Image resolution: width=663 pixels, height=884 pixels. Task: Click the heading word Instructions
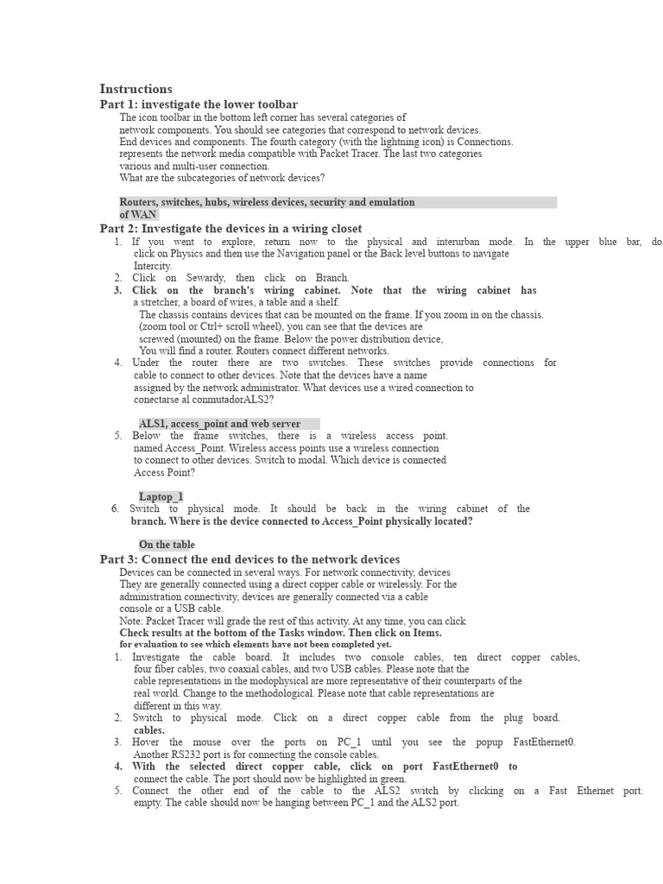pyautogui.click(x=136, y=89)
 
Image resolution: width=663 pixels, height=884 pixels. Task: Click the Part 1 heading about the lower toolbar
pyautogui.click(x=199, y=104)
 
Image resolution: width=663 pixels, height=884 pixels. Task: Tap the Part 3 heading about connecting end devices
pyautogui.click(x=249, y=559)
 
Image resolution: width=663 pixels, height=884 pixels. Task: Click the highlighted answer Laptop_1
pyautogui.click(x=161, y=496)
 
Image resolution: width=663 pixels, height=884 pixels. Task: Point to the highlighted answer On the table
pyautogui.click(x=167, y=545)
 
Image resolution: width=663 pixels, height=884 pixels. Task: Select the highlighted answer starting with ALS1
pyautogui.click(x=219, y=424)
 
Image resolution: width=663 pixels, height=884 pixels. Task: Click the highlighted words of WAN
pyautogui.click(x=138, y=214)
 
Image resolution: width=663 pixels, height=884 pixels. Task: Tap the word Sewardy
pyautogui.click(x=204, y=278)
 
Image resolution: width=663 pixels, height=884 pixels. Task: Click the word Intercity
pyautogui.click(x=153, y=266)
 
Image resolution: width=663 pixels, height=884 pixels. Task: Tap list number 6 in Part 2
pyautogui.click(x=115, y=508)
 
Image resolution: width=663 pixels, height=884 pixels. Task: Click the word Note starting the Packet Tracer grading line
pyautogui.click(x=131, y=621)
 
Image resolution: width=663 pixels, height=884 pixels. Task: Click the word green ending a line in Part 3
pyautogui.click(x=392, y=779)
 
